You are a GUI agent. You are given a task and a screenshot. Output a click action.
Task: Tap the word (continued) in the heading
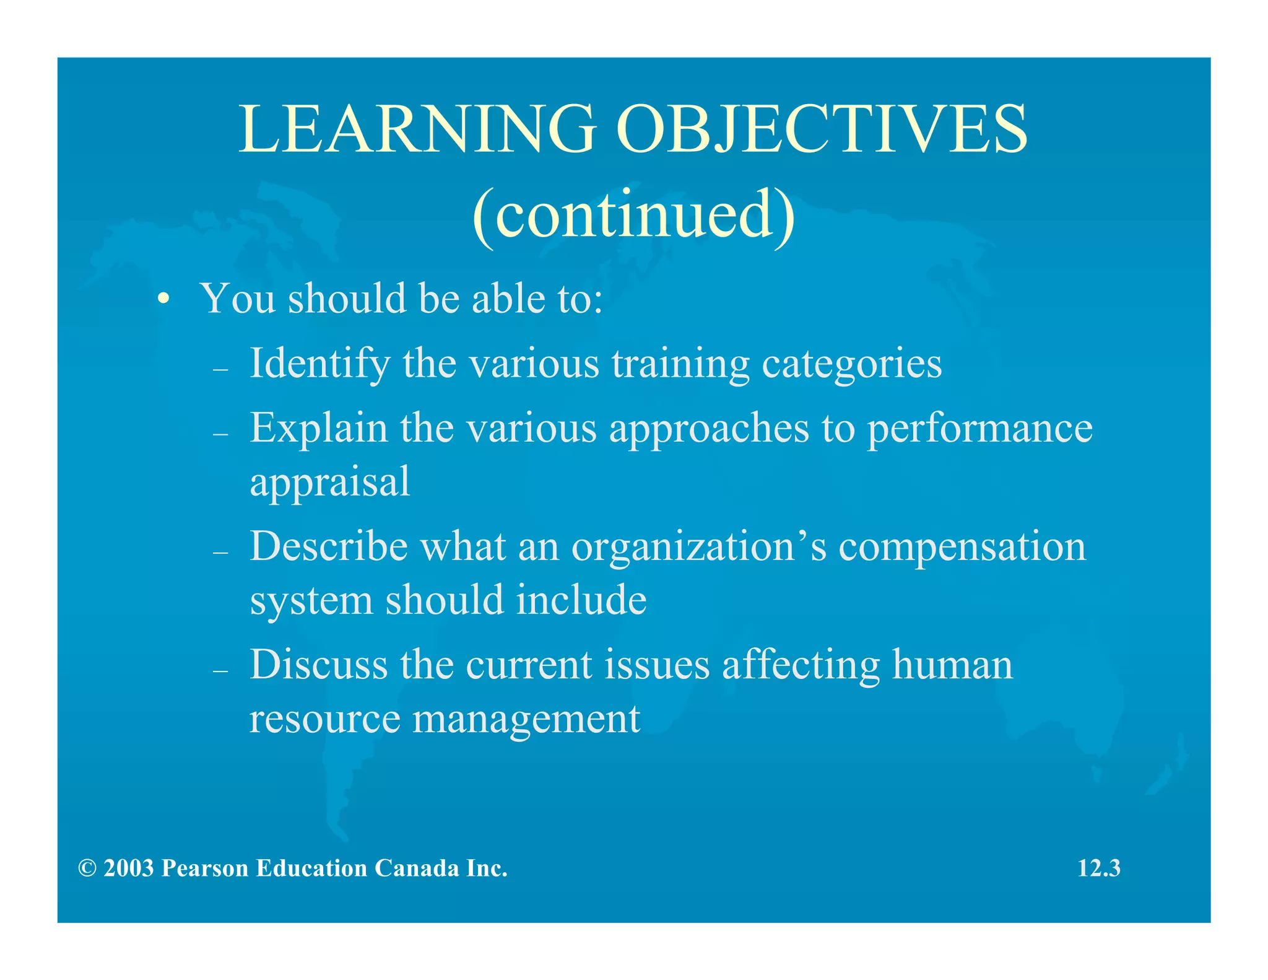coord(633,214)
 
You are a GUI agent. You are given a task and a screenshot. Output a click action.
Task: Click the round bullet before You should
coord(163,300)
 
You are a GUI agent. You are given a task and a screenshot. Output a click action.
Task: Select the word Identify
coord(319,363)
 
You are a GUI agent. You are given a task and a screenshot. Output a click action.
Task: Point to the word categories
coord(851,364)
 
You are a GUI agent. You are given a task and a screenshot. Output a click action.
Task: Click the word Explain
coord(318,428)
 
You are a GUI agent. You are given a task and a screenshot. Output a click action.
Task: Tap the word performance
coord(979,429)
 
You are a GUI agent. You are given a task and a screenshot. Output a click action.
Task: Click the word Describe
coord(329,546)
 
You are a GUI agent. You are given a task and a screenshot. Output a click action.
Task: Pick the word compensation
coord(962,548)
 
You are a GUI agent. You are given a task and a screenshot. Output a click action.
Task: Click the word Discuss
coord(318,665)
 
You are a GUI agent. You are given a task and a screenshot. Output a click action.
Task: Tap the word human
coord(952,665)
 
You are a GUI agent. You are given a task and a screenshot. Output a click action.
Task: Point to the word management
coord(526,720)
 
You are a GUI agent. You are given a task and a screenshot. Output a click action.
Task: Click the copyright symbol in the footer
coord(87,868)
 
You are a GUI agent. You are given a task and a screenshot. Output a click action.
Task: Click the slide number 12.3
coord(1099,868)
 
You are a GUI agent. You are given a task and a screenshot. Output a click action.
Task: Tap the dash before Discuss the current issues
coord(220,672)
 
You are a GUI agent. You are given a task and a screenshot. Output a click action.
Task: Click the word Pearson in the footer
coord(204,868)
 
